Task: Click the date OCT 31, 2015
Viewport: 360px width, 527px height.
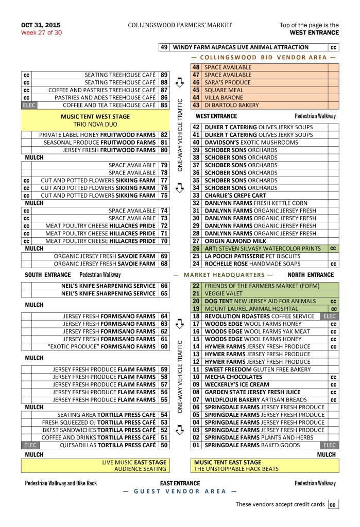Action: pos(41,25)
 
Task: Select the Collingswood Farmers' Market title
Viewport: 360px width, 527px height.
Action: pos(180,25)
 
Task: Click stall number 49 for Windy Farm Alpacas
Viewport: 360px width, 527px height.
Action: pos(164,47)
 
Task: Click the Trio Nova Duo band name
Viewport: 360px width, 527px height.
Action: pos(95,125)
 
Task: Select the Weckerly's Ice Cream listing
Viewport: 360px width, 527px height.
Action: pos(237,384)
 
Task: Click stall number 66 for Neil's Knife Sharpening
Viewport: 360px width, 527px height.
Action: pos(164,286)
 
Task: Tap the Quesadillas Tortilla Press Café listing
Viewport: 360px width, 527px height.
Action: pos(108,445)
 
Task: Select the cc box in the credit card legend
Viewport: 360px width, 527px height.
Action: pos(333,504)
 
